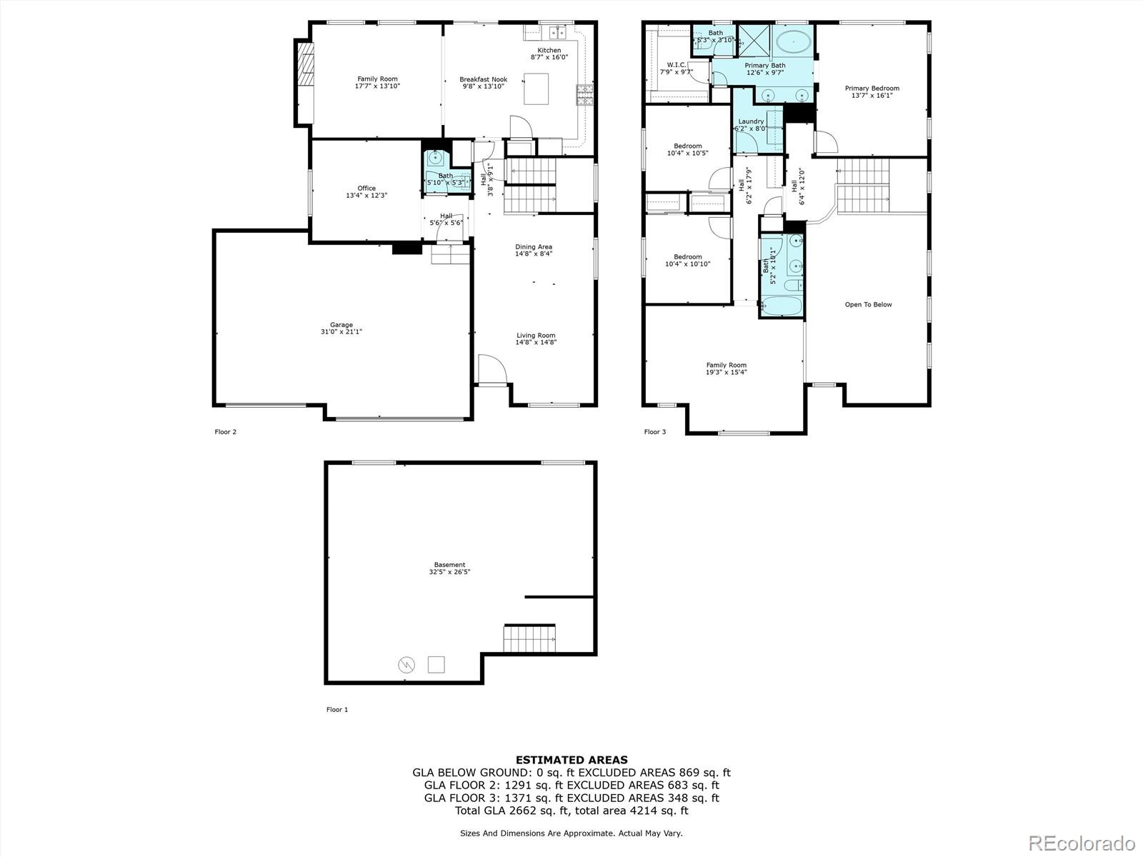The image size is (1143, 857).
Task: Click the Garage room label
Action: (341, 328)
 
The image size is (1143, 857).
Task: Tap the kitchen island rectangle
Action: (536, 89)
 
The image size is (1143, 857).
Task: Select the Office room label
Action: (366, 191)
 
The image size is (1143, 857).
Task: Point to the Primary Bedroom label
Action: (872, 91)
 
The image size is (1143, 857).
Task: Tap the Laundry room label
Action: (751, 125)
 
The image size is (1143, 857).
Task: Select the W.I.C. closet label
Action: (677, 68)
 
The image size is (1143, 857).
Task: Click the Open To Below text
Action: (868, 304)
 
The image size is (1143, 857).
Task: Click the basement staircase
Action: (529, 638)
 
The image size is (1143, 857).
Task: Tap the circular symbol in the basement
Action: (406, 665)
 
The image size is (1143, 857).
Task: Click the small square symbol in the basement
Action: (436, 664)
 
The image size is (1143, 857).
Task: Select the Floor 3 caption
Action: (654, 431)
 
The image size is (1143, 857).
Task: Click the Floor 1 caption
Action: (336, 709)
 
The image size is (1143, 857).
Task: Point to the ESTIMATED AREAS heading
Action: (571, 760)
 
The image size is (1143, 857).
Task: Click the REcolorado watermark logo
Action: (1082, 842)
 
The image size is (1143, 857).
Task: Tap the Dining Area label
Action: (534, 250)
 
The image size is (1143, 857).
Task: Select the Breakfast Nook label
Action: (483, 82)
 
